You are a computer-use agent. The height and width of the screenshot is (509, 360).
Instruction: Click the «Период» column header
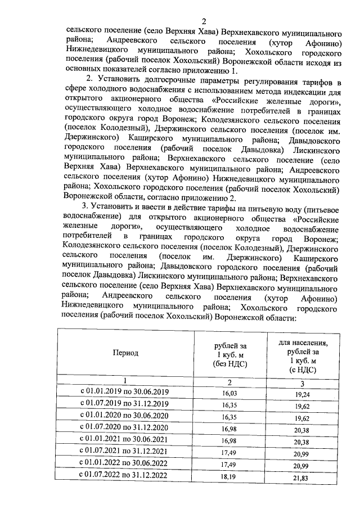[x=125, y=353]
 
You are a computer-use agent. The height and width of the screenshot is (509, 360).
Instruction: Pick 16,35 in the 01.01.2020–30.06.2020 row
[x=230, y=417]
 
